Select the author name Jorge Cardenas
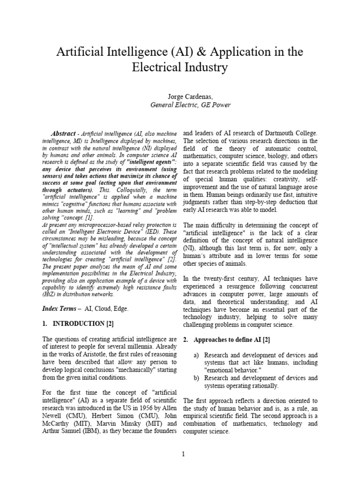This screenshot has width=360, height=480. (x=180, y=96)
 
